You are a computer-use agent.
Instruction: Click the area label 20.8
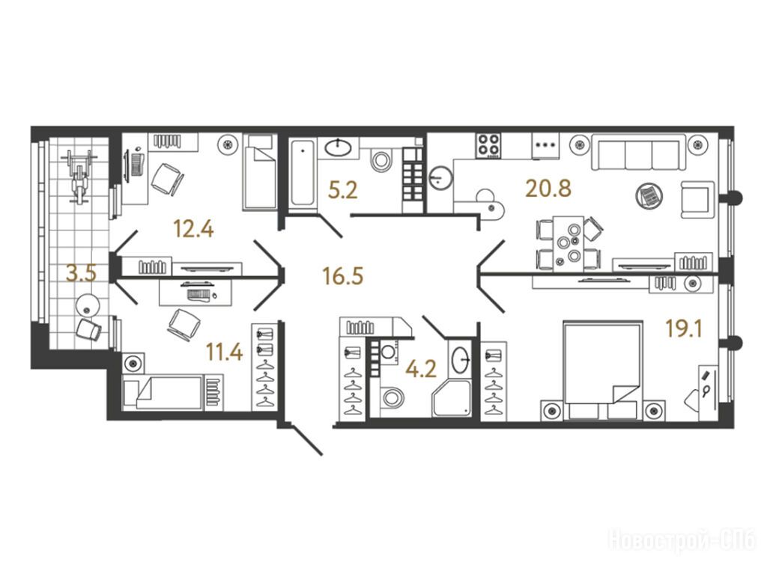pyautogui.click(x=548, y=189)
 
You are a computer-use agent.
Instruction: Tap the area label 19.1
pyautogui.click(x=684, y=329)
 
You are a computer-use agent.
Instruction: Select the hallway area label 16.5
pyautogui.click(x=342, y=275)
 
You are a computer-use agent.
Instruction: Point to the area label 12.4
pyautogui.click(x=194, y=228)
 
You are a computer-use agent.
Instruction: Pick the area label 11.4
pyautogui.click(x=224, y=352)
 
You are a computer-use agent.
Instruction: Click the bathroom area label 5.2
pyautogui.click(x=343, y=190)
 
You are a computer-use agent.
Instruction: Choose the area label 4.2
pyautogui.click(x=422, y=369)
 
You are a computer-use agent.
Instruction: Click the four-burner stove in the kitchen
pyautogui.click(x=488, y=145)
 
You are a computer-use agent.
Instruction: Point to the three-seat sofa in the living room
pyautogui.click(x=635, y=152)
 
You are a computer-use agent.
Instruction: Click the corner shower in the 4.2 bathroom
pyautogui.click(x=452, y=399)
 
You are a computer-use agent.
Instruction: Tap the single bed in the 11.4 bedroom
pyautogui.click(x=163, y=392)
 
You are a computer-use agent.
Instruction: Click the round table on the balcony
pyautogui.click(x=88, y=306)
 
